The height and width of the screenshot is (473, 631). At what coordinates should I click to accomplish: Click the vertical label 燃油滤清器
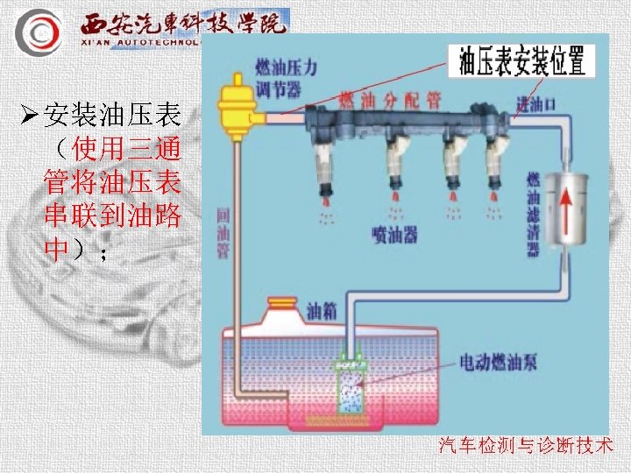tap(532, 215)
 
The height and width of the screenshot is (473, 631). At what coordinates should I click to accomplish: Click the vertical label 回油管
tap(223, 235)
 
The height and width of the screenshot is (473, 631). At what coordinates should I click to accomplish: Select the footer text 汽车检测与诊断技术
tap(525, 447)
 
